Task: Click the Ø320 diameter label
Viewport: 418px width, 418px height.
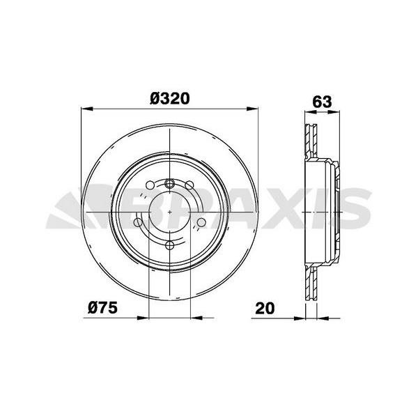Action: click(170, 99)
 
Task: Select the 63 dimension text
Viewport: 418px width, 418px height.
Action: click(322, 102)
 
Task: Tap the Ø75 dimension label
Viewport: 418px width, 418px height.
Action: click(102, 308)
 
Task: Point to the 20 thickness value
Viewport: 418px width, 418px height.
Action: click(265, 308)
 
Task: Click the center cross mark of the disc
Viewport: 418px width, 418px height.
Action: click(170, 212)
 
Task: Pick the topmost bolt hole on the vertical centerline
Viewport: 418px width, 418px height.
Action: click(169, 183)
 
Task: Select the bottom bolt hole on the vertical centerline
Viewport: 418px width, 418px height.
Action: click(169, 245)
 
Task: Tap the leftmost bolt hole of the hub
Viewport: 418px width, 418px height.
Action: click(138, 222)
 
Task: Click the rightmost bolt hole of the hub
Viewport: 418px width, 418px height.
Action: click(201, 222)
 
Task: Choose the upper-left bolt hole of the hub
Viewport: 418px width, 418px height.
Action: click(150, 185)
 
